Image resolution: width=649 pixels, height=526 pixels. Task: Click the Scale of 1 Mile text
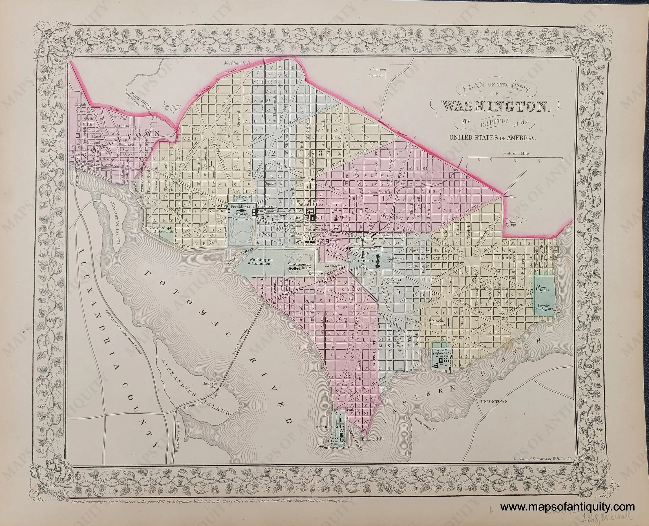tap(515, 153)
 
